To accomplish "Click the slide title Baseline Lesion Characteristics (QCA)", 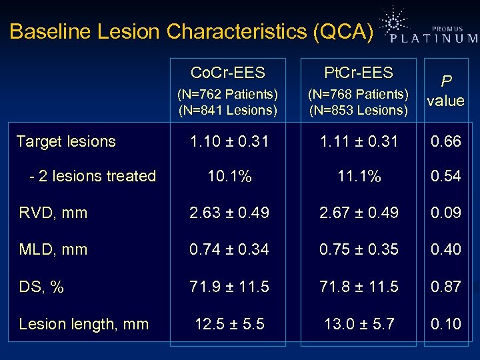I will pyautogui.click(x=192, y=31).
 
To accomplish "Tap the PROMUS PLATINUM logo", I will pyautogui.click(x=430, y=28).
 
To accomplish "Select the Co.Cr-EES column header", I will pyautogui.click(x=228, y=73).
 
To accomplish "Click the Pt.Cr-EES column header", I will pyautogui.click(x=359, y=72).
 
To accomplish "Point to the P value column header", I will pyautogui.click(x=446, y=90).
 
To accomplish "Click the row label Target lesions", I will pyautogui.click(x=66, y=141).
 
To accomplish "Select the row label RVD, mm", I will pyautogui.click(x=53, y=213).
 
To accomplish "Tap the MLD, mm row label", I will pyautogui.click(x=53, y=249).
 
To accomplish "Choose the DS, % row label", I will pyautogui.click(x=41, y=287).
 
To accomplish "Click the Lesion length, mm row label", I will pyautogui.click(x=84, y=324).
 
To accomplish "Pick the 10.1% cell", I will pyautogui.click(x=229, y=177).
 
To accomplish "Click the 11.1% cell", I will pyautogui.click(x=359, y=177).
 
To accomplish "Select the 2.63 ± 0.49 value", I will pyautogui.click(x=229, y=213).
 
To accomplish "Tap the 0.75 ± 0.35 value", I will pyautogui.click(x=359, y=249).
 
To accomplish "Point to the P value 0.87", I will pyautogui.click(x=446, y=287).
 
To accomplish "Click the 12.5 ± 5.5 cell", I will pyautogui.click(x=229, y=324).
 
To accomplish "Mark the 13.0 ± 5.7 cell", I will pyautogui.click(x=359, y=324).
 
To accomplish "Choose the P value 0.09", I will pyautogui.click(x=446, y=213).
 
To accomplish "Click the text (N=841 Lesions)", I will pyautogui.click(x=228, y=109).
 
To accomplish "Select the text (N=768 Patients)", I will pyautogui.click(x=359, y=95).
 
